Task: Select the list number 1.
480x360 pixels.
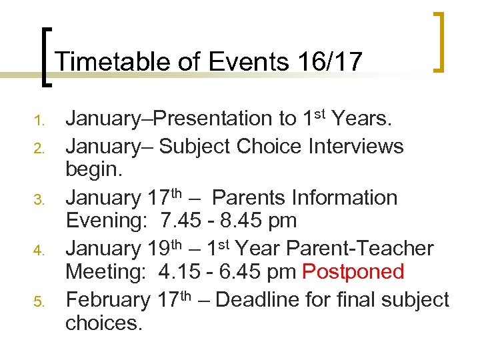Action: pyautogui.click(x=39, y=121)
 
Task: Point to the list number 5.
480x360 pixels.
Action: pyautogui.click(x=39, y=303)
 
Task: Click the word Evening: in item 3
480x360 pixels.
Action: pyautogui.click(x=107, y=221)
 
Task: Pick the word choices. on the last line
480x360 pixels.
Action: pyautogui.click(x=103, y=323)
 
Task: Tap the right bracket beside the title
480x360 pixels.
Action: pyautogui.click(x=438, y=41)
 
